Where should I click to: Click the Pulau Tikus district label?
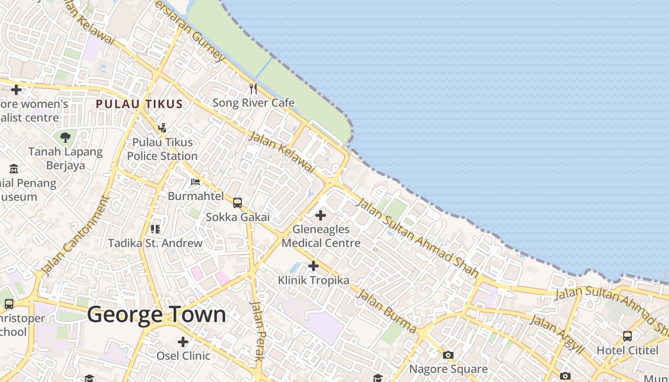[x=139, y=104]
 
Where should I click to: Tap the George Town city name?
[x=156, y=315]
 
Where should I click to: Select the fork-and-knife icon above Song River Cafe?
[x=253, y=88]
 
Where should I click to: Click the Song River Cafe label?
[x=253, y=103]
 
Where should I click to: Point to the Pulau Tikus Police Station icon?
[x=162, y=127]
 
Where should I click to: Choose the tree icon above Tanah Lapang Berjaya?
[x=65, y=138]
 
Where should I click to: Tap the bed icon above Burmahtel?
[x=195, y=181]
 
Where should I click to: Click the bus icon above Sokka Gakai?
[x=237, y=202]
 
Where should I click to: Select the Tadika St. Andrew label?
[x=155, y=243]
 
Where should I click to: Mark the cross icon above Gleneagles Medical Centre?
[x=321, y=215]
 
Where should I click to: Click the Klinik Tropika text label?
[x=313, y=280]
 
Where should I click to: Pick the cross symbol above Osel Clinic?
[x=183, y=342]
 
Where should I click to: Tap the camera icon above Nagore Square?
[x=448, y=355]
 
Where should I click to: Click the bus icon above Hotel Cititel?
[x=627, y=336]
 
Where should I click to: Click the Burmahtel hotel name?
[x=195, y=196]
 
